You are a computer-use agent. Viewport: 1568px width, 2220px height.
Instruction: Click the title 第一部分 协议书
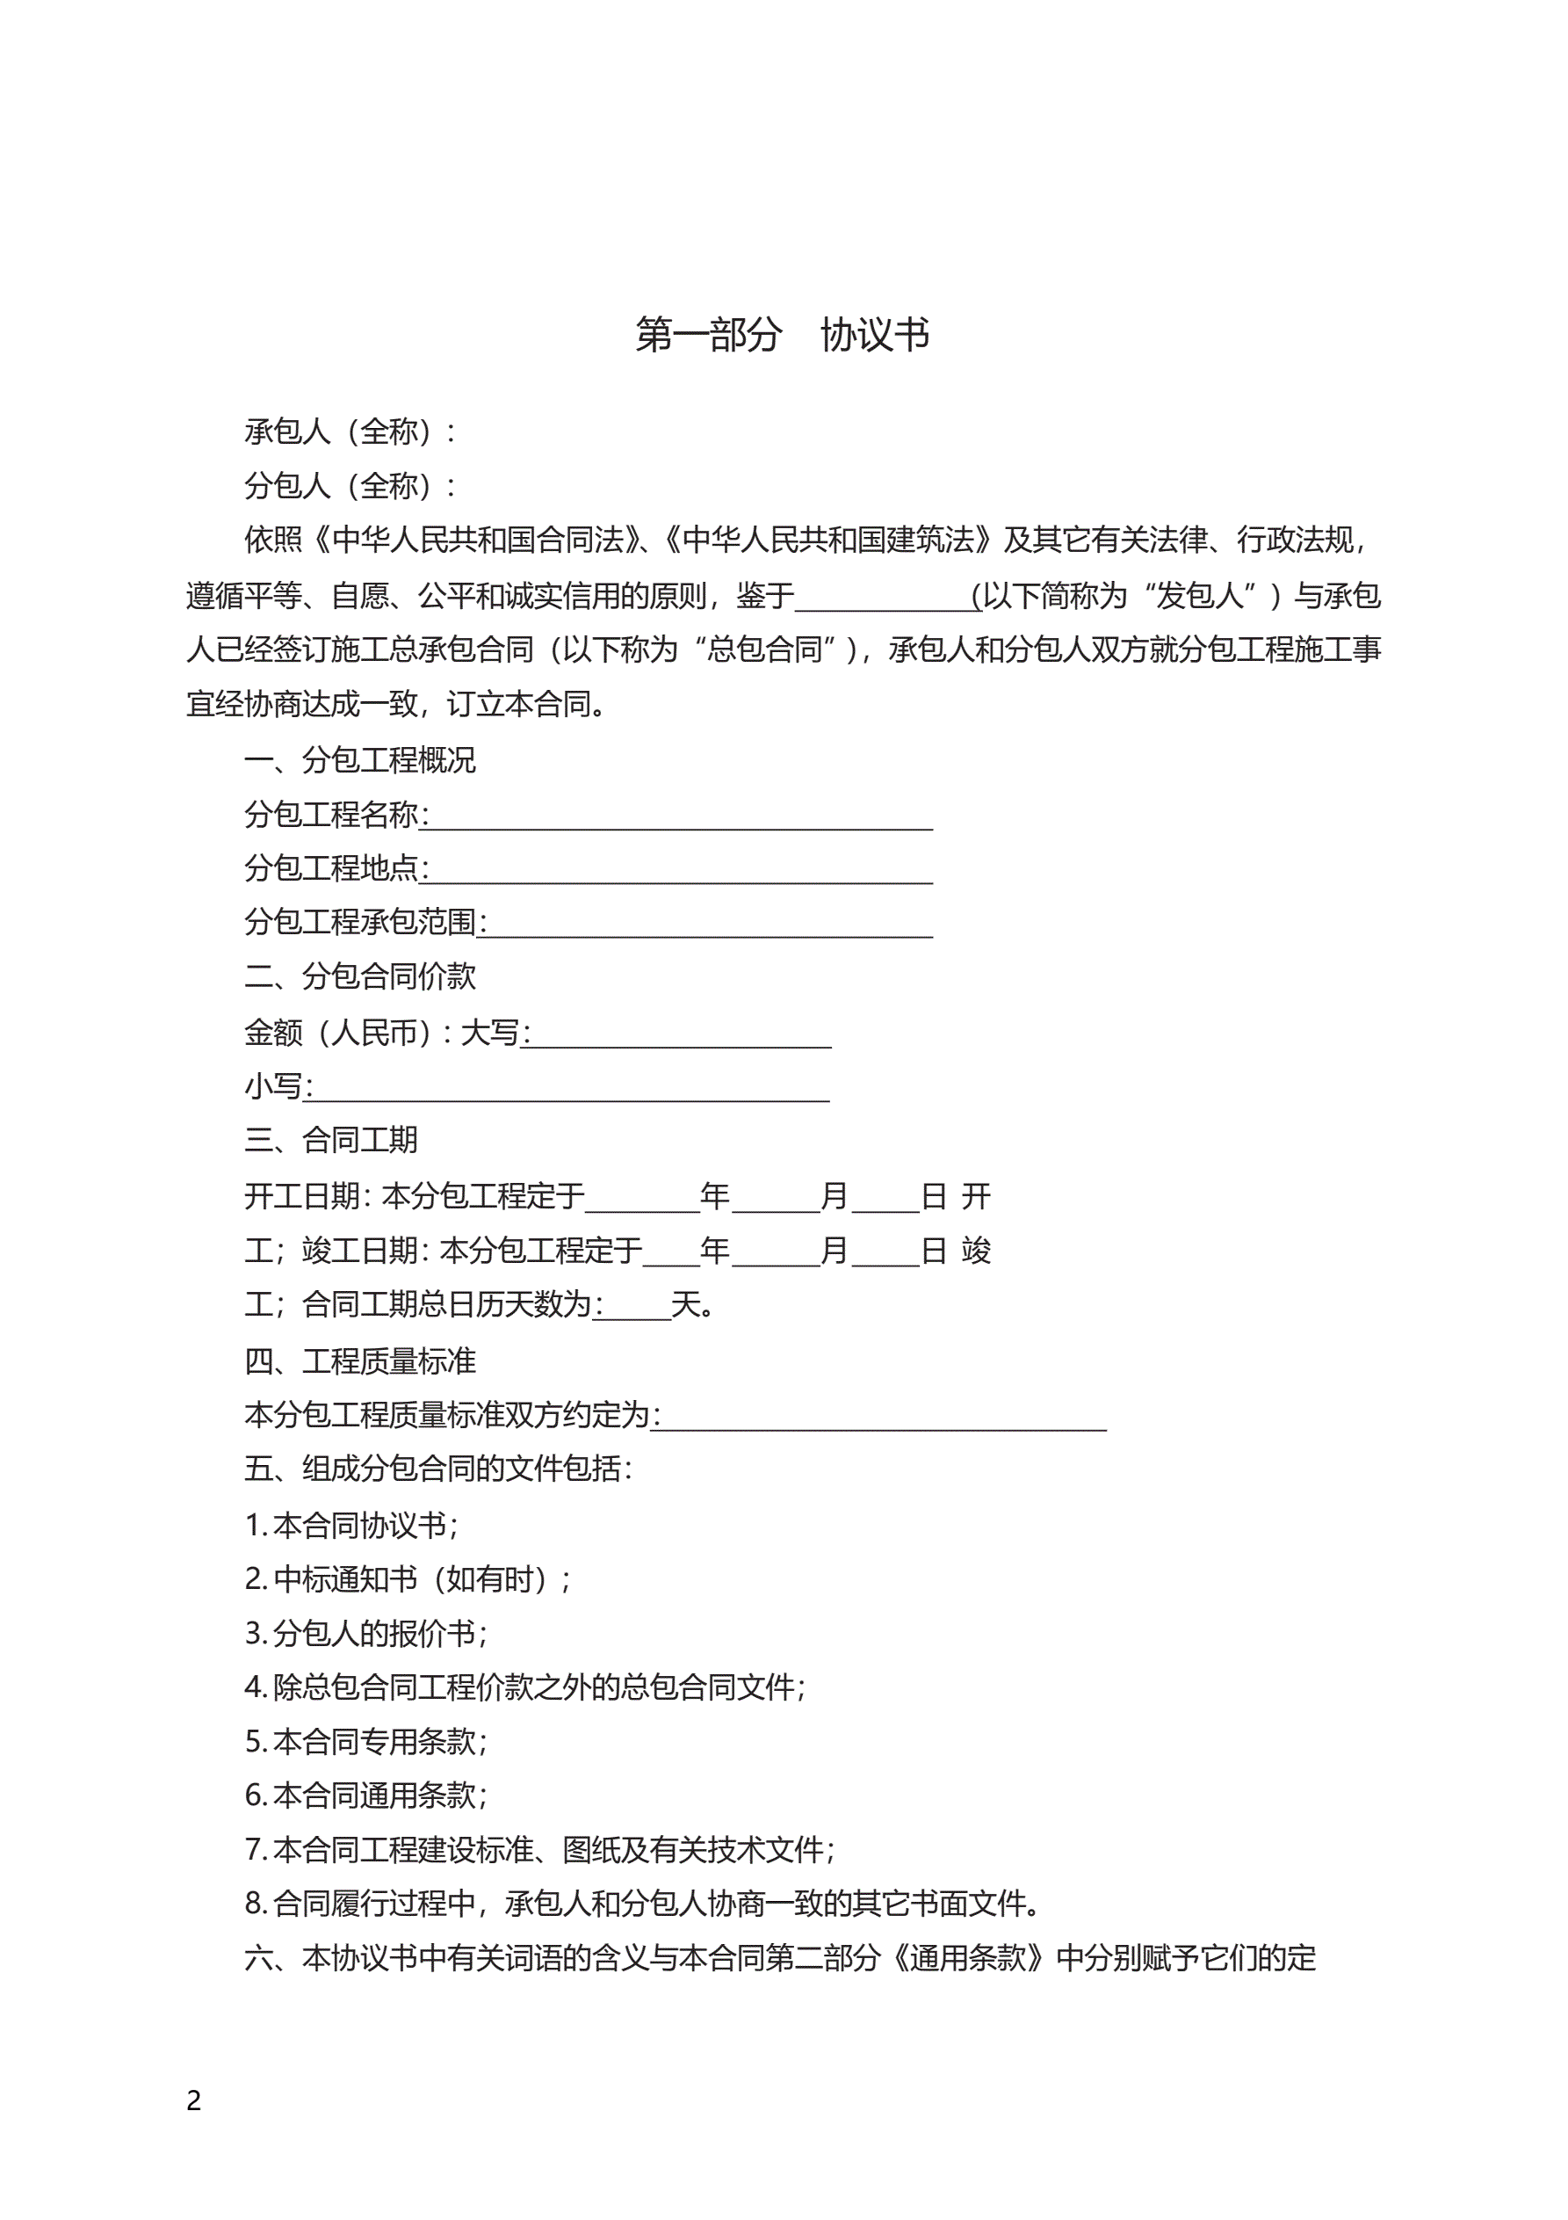(782, 335)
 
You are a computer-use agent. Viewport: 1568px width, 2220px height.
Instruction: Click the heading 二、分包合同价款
(359, 976)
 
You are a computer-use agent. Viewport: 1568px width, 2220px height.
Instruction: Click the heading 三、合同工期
(330, 1140)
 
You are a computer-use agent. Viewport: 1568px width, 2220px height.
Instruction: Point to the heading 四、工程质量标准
(359, 1361)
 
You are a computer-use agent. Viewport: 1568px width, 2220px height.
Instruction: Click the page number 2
(193, 2100)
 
